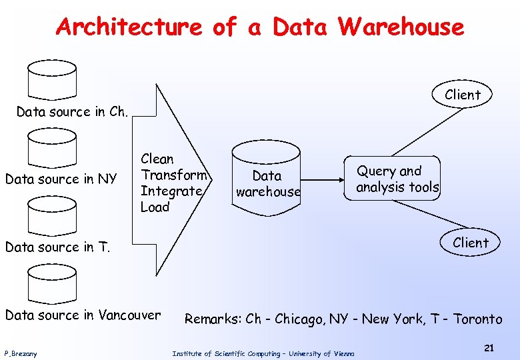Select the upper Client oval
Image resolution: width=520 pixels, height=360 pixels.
click(x=463, y=95)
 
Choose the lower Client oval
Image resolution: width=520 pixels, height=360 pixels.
click(x=471, y=243)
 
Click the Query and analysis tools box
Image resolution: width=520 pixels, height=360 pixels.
click(x=397, y=179)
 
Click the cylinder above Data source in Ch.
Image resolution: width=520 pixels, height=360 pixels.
click(x=52, y=81)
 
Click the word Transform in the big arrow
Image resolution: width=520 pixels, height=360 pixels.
click(x=175, y=175)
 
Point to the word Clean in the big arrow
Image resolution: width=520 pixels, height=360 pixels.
click(x=157, y=159)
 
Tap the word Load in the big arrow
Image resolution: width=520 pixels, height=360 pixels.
click(x=155, y=207)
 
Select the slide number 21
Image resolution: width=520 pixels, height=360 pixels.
click(x=489, y=348)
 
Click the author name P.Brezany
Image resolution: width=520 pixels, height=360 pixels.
click(x=21, y=353)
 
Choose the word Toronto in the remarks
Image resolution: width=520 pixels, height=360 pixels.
click(x=477, y=319)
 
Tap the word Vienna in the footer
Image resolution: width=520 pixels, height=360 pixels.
click(x=345, y=353)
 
